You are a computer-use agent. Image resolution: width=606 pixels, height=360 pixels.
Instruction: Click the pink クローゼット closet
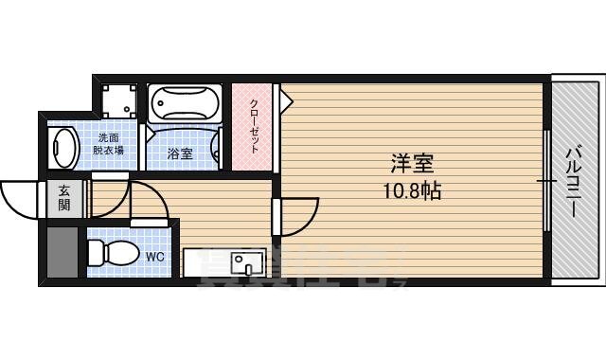pos(253,127)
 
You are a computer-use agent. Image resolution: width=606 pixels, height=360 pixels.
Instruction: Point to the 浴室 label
pos(180,153)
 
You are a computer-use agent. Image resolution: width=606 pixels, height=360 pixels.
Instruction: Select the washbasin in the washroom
pos(64,148)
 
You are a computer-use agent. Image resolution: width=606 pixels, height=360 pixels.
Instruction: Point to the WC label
pos(155,255)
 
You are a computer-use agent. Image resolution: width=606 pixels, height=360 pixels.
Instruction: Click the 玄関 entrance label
pos(63,197)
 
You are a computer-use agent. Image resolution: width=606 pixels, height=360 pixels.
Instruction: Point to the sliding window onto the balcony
pos(547,180)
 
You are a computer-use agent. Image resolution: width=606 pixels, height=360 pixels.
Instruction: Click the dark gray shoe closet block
pos(62,251)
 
